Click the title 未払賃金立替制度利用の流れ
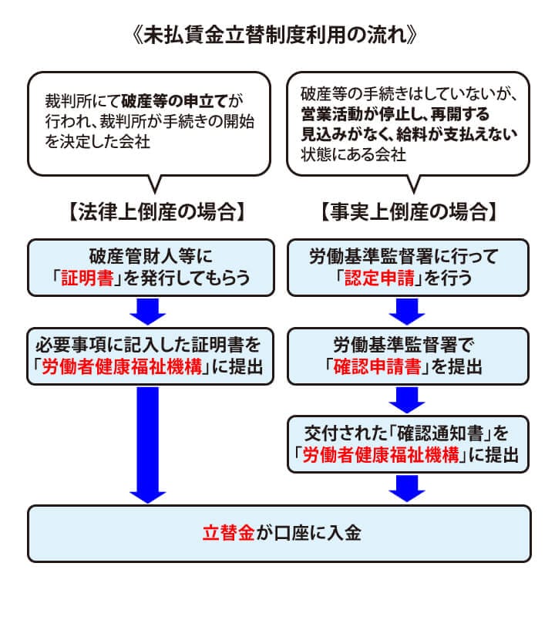pyautogui.click(x=277, y=37)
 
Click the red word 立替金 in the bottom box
pyautogui.click(x=228, y=532)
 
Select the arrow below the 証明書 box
pyautogui.click(x=150, y=311)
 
